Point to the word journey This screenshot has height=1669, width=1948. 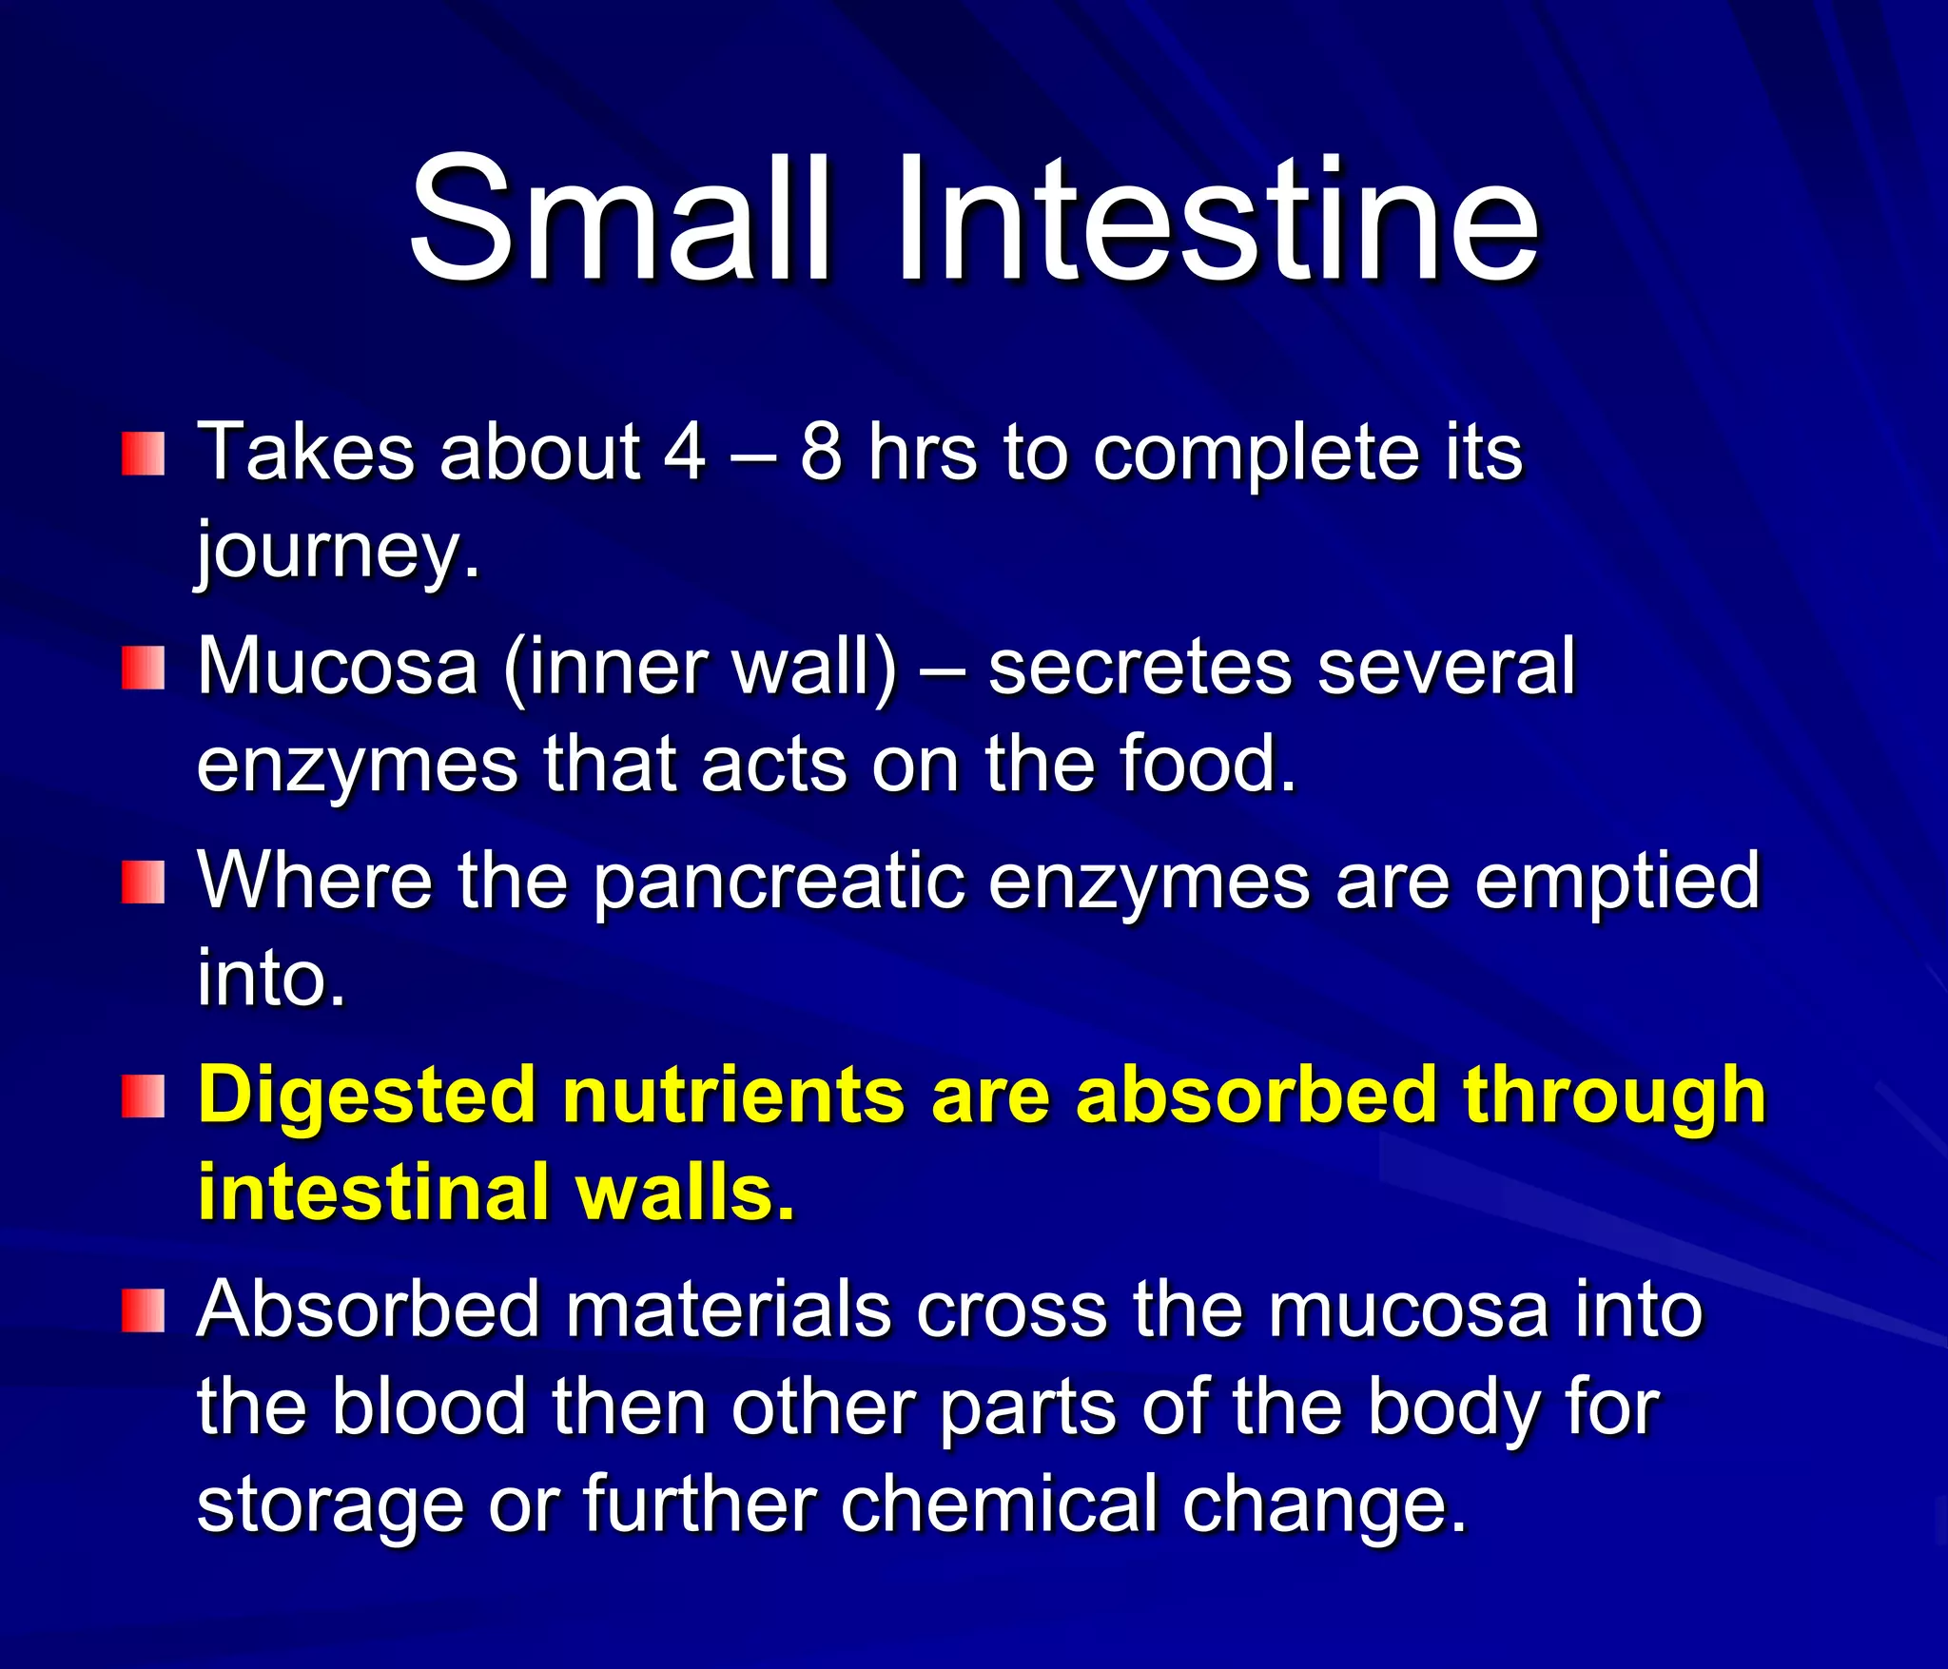[338, 552]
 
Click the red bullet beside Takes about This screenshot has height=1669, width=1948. [143, 454]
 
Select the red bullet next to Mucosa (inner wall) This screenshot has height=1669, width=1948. [143, 668]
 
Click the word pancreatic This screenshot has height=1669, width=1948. [778, 883]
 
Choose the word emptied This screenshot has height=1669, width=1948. [1617, 883]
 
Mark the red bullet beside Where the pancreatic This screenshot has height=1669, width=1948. [143, 883]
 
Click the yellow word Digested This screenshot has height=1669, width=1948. [366, 1096]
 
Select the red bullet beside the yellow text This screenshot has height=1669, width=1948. [143, 1096]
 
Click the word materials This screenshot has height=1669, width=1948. [729, 1310]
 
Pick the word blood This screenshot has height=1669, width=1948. [428, 1407]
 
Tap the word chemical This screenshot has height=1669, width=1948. [999, 1504]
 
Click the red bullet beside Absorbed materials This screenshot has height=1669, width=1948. [143, 1311]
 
